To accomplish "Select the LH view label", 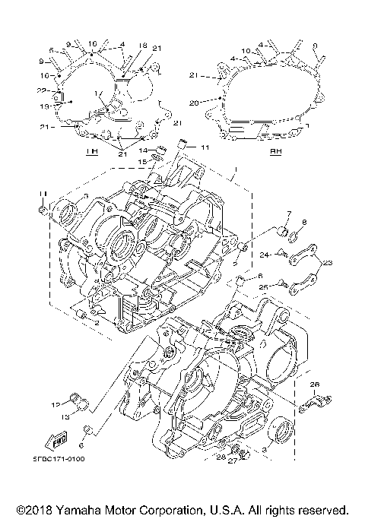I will [x=93, y=152].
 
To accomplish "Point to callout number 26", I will [x=316, y=384].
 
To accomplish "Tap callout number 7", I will [x=289, y=214].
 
